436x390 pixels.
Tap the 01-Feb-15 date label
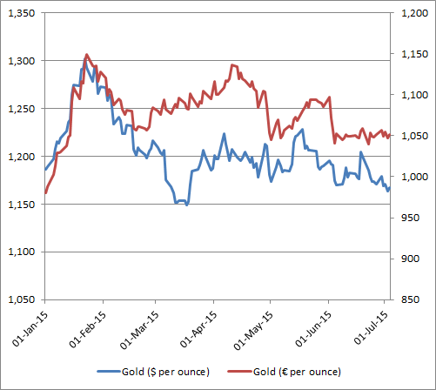click(87, 328)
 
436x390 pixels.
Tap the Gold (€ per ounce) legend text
click(296, 372)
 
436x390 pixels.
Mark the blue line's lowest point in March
click(186, 205)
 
